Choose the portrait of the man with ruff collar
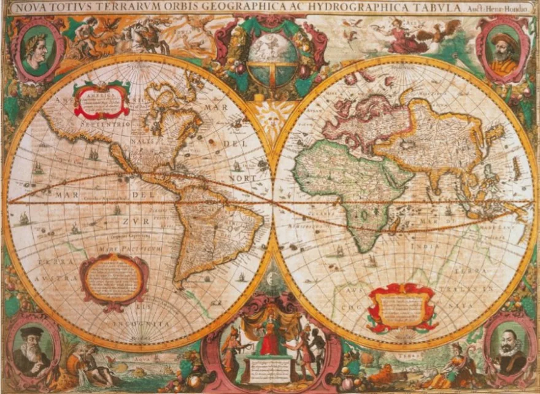click(x=508, y=349)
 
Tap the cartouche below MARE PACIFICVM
click(x=114, y=279)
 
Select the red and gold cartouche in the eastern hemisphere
click(x=402, y=307)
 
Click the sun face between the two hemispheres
click(x=270, y=116)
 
